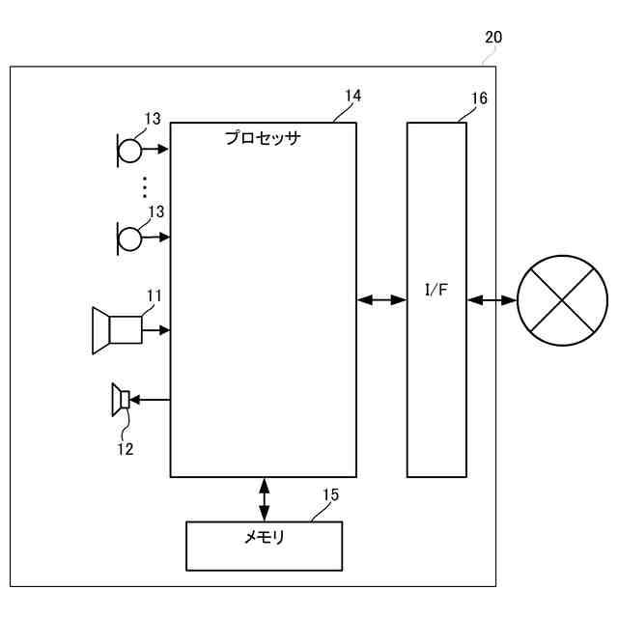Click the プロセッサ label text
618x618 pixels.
tap(263, 138)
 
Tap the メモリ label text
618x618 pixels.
tap(264, 538)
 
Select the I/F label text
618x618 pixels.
tap(436, 291)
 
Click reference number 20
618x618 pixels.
tap(492, 38)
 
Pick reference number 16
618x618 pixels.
tap(479, 98)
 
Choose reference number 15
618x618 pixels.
tap(330, 495)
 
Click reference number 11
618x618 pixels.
tap(154, 295)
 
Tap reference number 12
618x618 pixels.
tap(126, 448)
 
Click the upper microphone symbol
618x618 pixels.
tap(129, 149)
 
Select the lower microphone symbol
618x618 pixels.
tap(129, 236)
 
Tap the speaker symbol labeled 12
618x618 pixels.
tap(121, 399)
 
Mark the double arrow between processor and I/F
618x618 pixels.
tap(381, 301)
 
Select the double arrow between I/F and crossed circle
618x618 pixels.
tap(492, 301)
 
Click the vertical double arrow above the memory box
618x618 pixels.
tap(264, 499)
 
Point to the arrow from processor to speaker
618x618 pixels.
tap(152, 399)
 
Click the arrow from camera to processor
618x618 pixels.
tap(156, 330)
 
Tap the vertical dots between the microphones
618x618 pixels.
tap(145, 186)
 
